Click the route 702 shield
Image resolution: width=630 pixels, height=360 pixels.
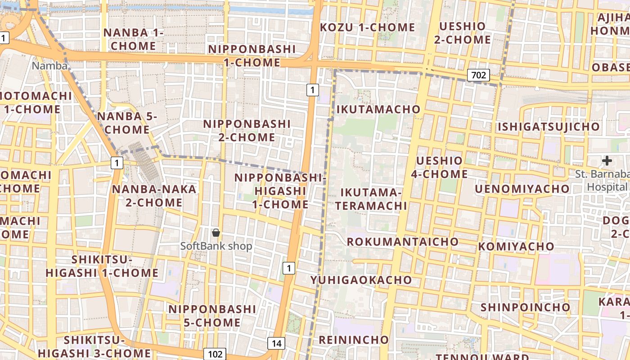tap(478, 75)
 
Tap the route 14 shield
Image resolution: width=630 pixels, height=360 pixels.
tap(276, 344)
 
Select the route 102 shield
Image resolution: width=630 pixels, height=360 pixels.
tap(214, 354)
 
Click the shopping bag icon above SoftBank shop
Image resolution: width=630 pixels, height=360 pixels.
tap(216, 233)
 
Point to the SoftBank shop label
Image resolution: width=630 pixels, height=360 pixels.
tap(216, 246)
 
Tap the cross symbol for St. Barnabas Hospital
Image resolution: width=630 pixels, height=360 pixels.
tap(607, 160)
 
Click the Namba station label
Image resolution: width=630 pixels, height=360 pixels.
tap(49, 66)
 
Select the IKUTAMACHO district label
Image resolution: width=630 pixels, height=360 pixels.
tap(378, 109)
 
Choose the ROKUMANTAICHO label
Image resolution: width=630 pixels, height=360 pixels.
tap(403, 242)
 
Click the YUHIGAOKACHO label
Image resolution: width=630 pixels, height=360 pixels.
tap(361, 280)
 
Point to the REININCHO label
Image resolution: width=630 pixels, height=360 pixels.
tap(354, 339)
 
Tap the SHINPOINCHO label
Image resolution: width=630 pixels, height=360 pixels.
tap(526, 307)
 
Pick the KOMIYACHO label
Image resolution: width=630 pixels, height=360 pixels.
tap(516, 247)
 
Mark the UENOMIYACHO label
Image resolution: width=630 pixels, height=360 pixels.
tap(522, 189)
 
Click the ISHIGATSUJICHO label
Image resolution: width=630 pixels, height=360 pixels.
tap(549, 127)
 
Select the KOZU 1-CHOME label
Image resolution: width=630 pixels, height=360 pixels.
tap(368, 27)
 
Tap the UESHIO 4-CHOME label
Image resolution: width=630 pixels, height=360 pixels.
tap(439, 167)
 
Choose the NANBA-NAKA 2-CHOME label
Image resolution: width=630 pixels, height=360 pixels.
tap(154, 196)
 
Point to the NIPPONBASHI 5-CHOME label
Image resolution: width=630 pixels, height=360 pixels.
tap(212, 316)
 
